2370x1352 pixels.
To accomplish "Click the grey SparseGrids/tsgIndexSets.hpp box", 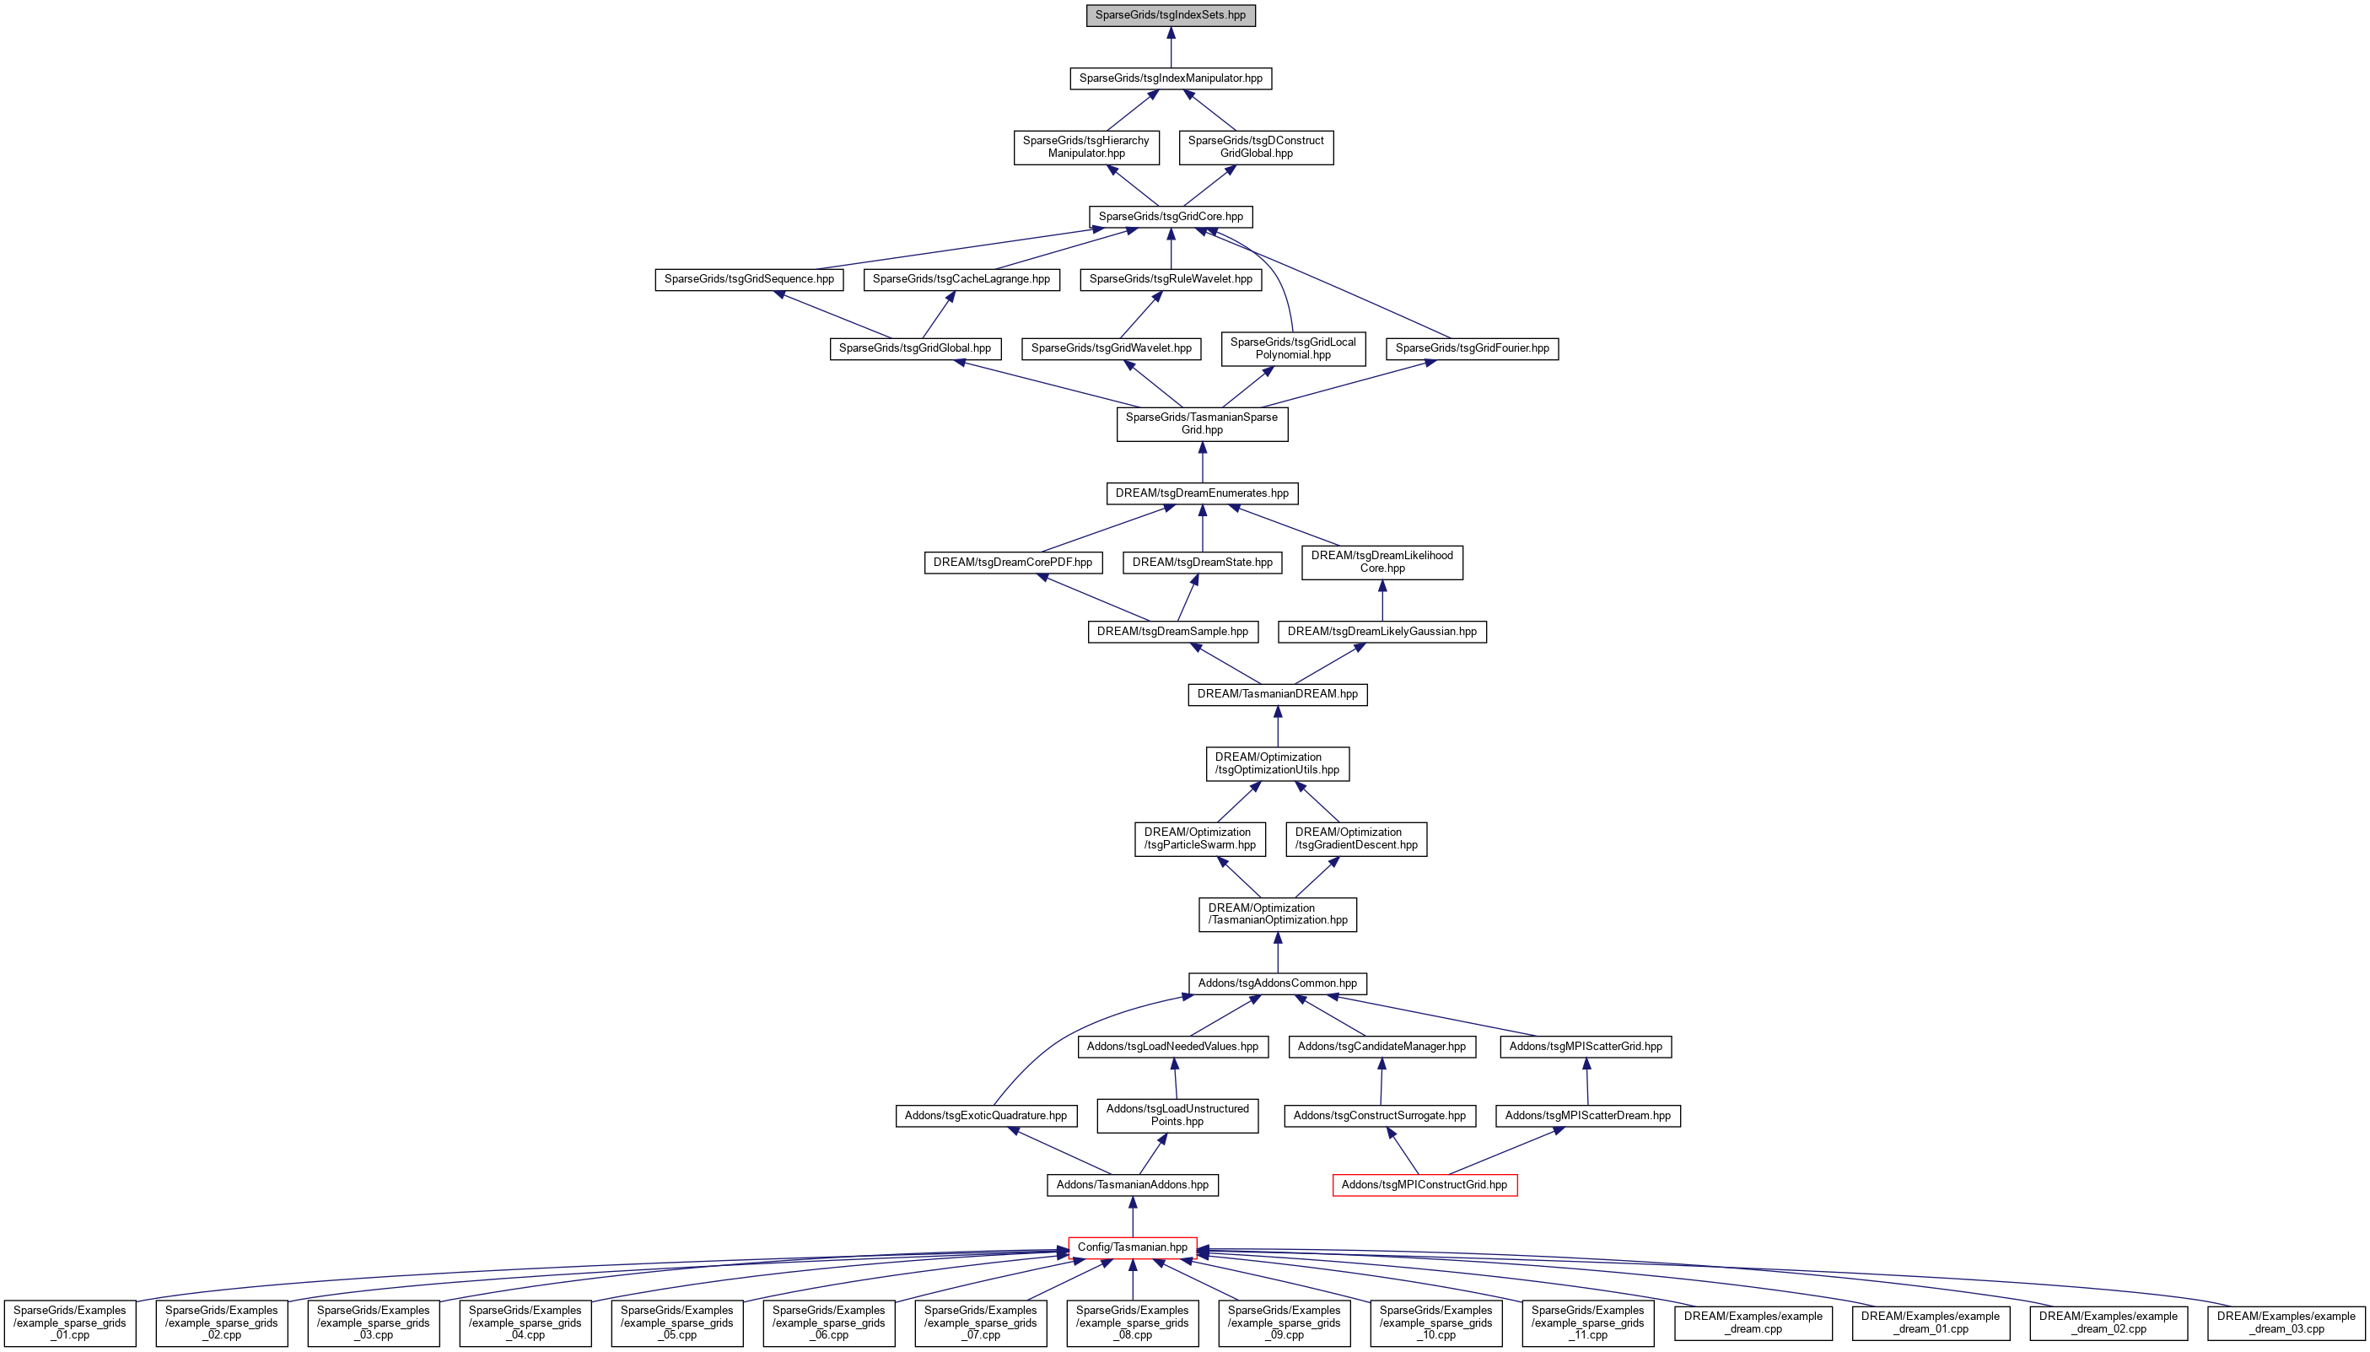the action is click(x=1171, y=15).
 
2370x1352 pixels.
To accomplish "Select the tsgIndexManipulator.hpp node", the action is click(x=1171, y=78).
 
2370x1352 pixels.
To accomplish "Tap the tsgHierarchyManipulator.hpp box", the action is click(x=1086, y=147).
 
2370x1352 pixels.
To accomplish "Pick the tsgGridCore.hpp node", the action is click(x=1171, y=217).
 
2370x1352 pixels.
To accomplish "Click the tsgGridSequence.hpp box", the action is click(x=749, y=278).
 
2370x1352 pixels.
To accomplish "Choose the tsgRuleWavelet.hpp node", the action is click(x=1171, y=278).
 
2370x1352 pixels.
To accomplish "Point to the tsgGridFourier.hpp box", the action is click(x=1473, y=348).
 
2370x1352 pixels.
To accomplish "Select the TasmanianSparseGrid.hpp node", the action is click(x=1202, y=423).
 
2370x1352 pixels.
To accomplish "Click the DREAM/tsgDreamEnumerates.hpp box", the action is click(x=1202, y=493).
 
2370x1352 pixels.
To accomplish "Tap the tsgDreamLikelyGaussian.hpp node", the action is click(x=1382, y=632).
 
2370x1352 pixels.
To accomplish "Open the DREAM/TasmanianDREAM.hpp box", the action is click(x=1278, y=693).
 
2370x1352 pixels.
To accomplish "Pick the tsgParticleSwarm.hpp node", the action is click(x=1199, y=838).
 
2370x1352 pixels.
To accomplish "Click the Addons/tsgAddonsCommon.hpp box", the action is click(x=1278, y=983).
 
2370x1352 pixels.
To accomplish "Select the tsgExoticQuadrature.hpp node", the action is click(x=986, y=1115).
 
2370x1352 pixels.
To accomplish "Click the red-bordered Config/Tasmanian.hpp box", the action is click(x=1133, y=1247).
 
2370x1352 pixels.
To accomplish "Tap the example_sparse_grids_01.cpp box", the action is click(x=70, y=1323).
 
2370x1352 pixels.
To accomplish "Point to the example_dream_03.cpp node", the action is click(x=2287, y=1323).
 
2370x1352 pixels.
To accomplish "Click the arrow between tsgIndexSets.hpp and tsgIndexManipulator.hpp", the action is click(x=1171, y=46).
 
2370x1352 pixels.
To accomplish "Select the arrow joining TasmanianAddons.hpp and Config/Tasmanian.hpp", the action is click(x=1133, y=1216).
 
